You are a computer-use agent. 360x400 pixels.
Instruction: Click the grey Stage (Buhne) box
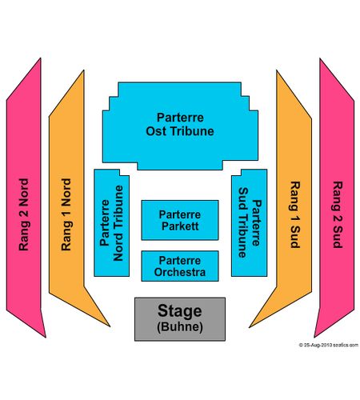[x=180, y=319]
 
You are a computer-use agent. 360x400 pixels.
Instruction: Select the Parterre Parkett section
[x=180, y=220]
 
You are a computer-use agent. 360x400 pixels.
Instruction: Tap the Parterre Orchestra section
[x=180, y=266]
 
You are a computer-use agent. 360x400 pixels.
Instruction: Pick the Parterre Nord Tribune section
[x=111, y=223]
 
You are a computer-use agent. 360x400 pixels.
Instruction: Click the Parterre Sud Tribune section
[x=249, y=223]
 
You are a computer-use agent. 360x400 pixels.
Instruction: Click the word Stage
[x=180, y=311]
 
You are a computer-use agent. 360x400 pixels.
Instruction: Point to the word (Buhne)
[x=180, y=326]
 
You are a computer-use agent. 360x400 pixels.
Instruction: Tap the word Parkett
[x=180, y=226]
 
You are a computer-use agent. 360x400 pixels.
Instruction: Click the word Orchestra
[x=180, y=272]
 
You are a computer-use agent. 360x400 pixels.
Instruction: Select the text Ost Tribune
[x=180, y=131]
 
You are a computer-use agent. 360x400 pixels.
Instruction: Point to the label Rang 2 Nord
[x=24, y=214]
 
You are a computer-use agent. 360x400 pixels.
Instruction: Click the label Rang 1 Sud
[x=295, y=215]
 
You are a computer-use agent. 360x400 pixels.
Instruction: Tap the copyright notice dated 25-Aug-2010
[x=329, y=345]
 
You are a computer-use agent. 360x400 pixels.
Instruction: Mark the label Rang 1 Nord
[x=66, y=214]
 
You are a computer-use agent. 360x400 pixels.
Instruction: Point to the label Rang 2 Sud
[x=338, y=215]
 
